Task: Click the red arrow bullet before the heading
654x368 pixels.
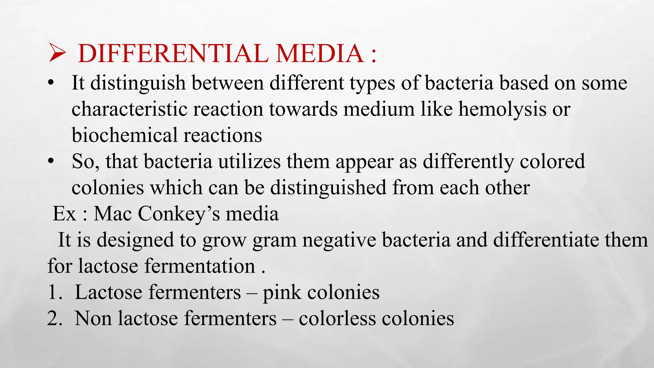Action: click(x=57, y=53)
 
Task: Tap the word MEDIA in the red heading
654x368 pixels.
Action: click(x=320, y=53)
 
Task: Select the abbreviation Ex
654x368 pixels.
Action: click(x=64, y=214)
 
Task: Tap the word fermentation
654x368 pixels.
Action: click(x=200, y=266)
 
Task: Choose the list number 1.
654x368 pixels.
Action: click(x=54, y=292)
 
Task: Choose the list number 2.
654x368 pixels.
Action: click(x=54, y=318)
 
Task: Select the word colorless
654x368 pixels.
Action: click(x=337, y=318)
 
